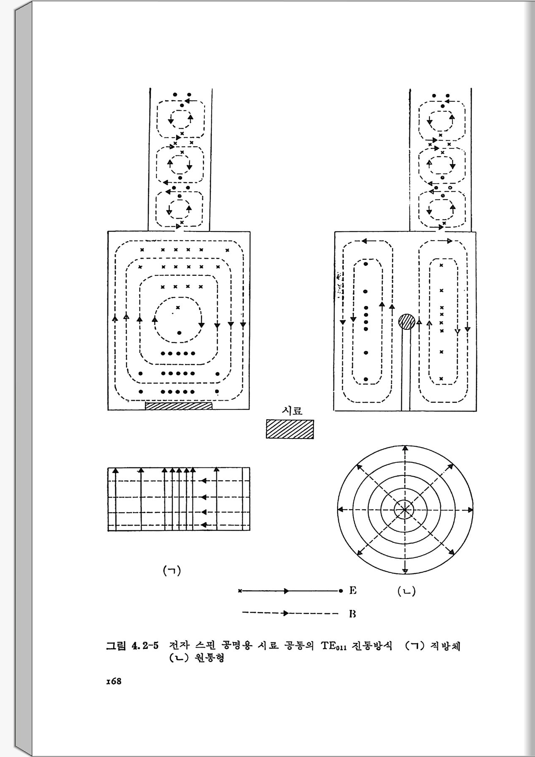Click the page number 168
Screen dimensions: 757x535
114,681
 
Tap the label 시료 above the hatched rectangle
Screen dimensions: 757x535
292,411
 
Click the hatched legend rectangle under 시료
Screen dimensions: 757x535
290,430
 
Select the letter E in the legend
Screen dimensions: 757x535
353,591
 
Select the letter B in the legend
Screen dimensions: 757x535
353,614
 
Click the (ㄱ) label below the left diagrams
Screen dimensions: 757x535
172,570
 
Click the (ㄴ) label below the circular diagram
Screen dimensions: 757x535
406,591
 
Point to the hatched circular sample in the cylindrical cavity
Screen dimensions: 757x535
406,322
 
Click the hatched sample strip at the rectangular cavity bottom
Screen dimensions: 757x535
179,406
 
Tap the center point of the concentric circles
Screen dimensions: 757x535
405,510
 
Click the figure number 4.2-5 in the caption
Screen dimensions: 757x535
145,646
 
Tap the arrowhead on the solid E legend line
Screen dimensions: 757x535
286,591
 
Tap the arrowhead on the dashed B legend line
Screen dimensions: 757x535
286,613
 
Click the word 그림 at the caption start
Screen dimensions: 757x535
116,646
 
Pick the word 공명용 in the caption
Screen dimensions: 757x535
237,646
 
